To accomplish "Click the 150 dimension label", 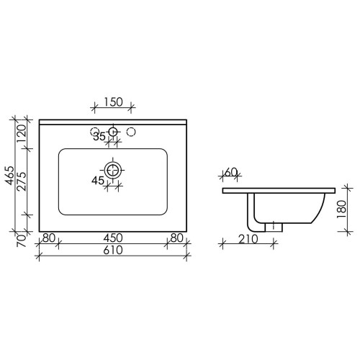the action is (x=113, y=102).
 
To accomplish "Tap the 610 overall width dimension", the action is (x=113, y=251).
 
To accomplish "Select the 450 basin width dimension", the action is (x=113, y=238).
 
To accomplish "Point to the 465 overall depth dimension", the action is (x=10, y=176).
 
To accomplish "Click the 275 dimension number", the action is (x=22, y=181).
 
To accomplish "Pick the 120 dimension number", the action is (x=22, y=134).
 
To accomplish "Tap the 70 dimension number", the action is (x=22, y=240).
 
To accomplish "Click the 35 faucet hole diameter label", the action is (x=99, y=137).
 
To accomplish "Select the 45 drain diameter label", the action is (x=98, y=181).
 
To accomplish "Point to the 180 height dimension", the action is (x=342, y=210).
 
